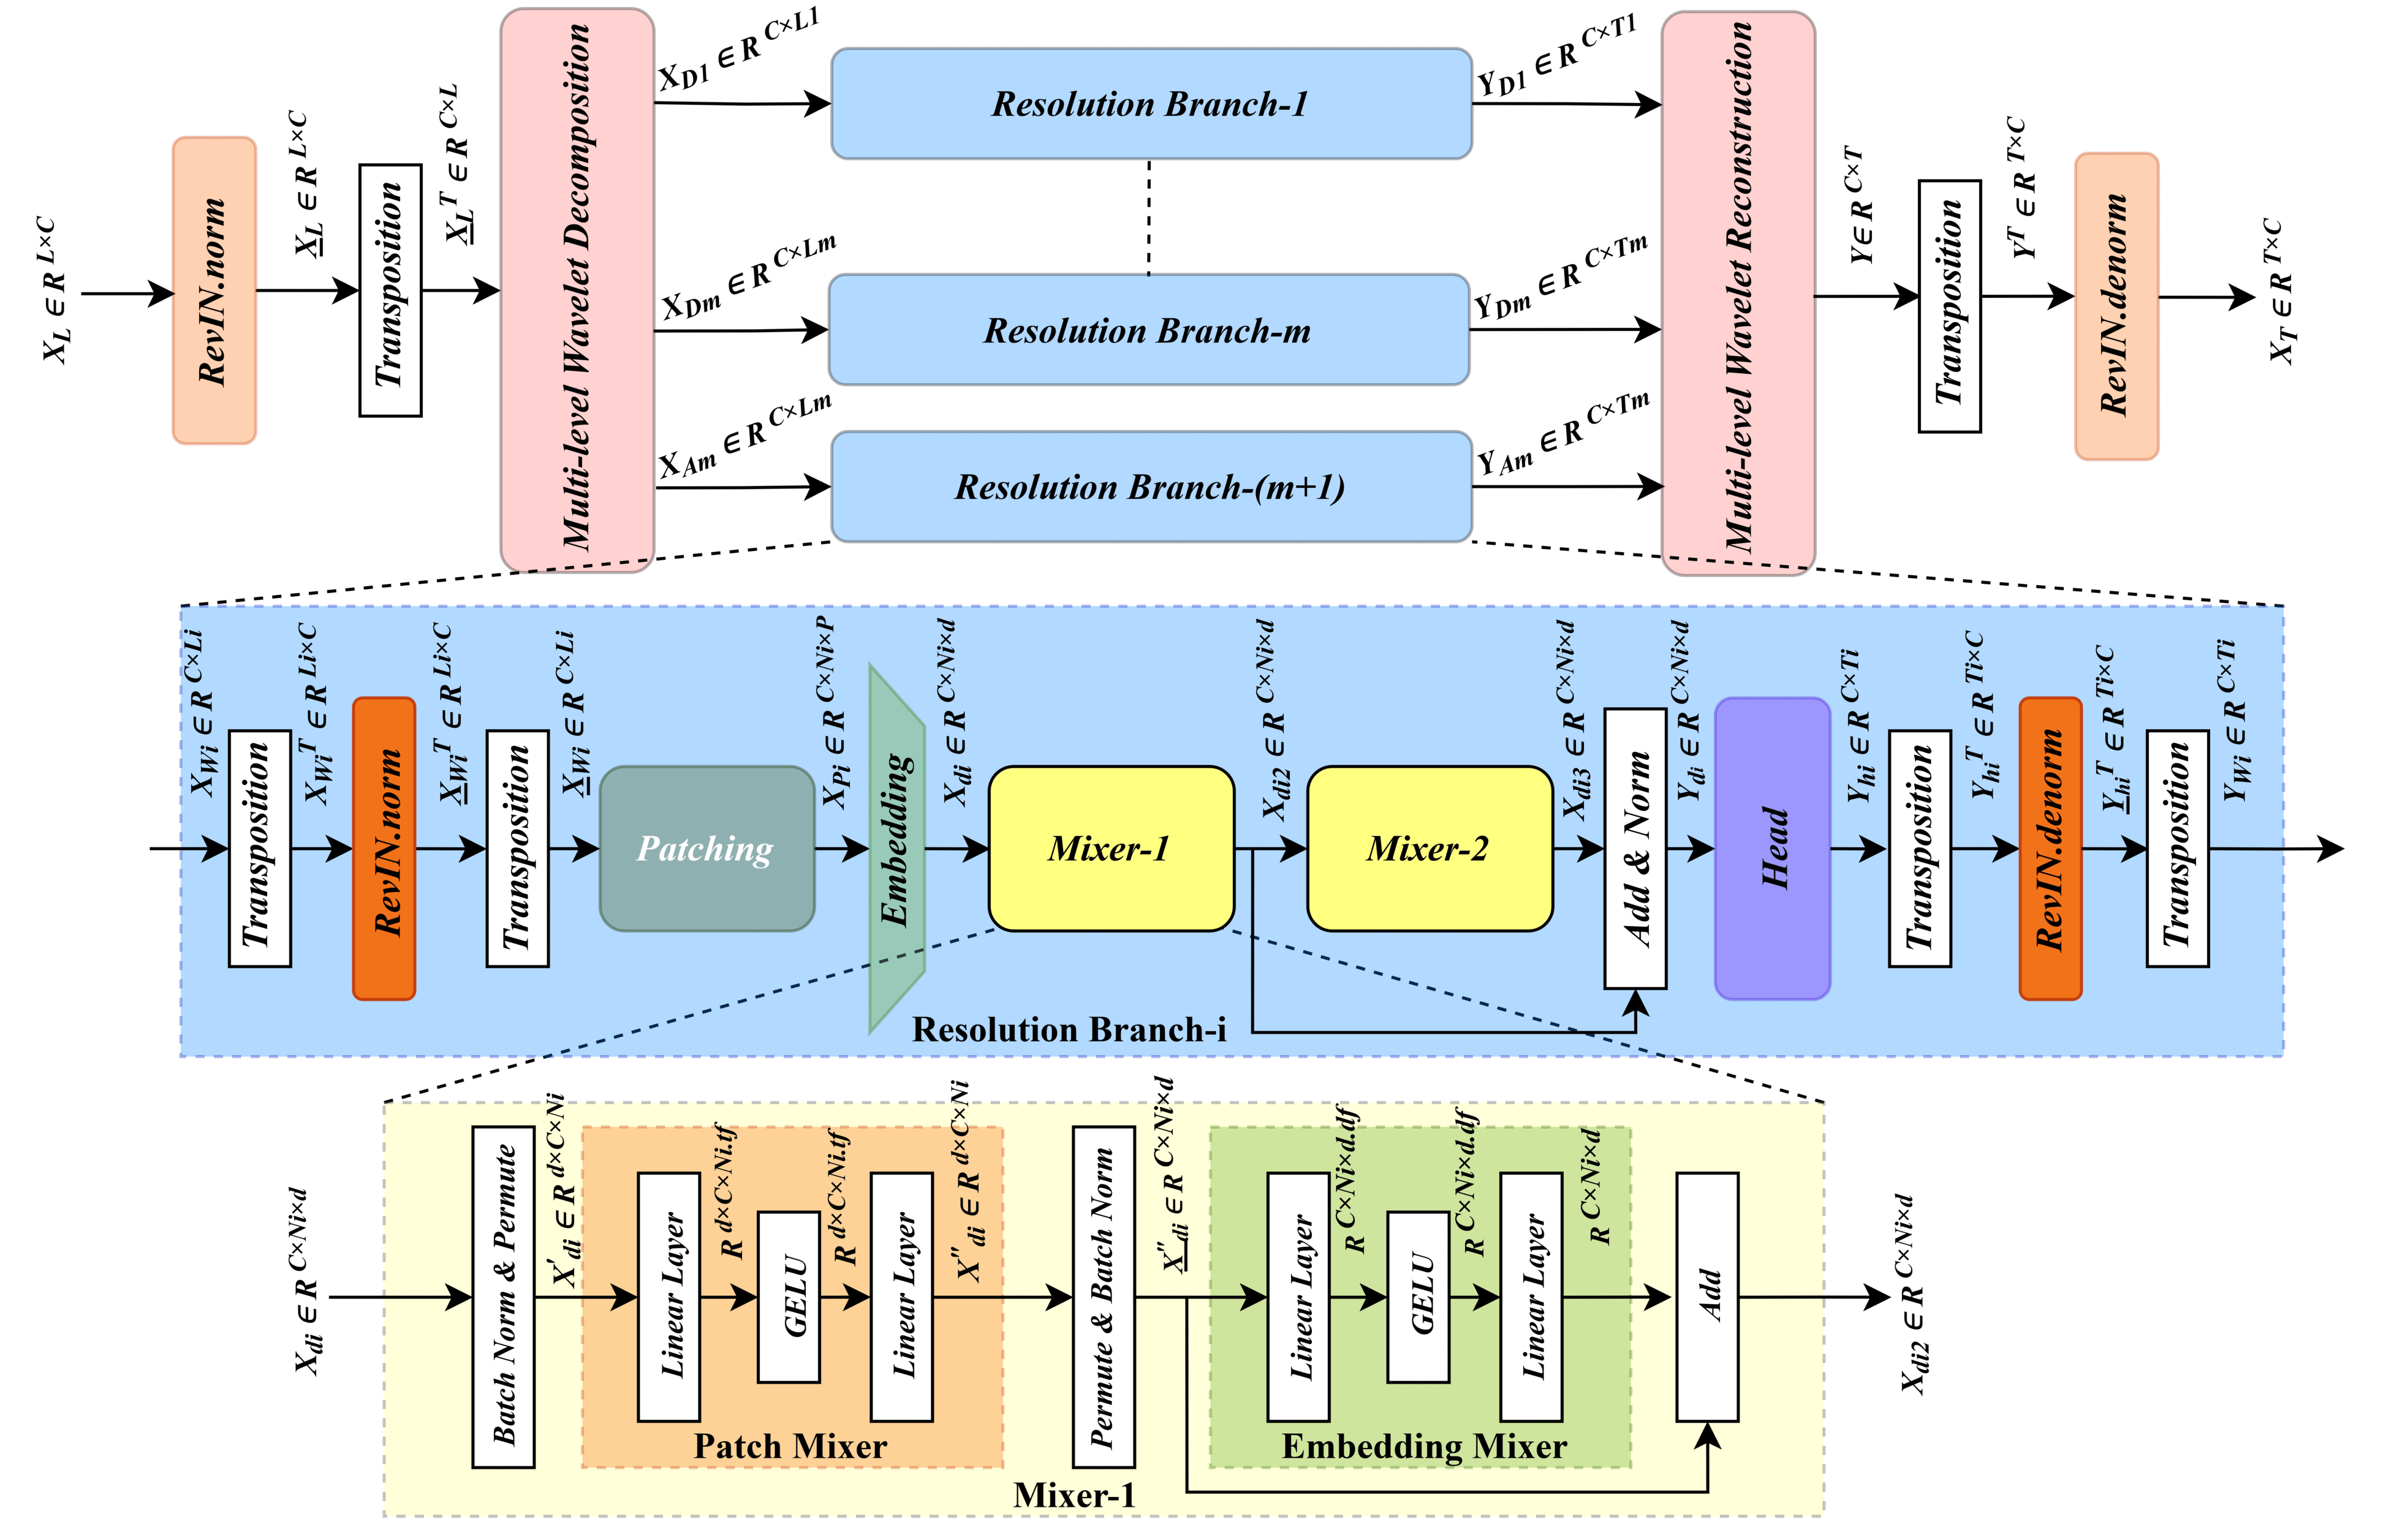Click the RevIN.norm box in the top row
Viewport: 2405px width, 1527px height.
[214, 290]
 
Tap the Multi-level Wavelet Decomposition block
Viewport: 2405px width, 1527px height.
[577, 290]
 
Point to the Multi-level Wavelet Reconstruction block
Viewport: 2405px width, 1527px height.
[1738, 294]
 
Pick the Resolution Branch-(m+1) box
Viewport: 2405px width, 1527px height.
[1151, 487]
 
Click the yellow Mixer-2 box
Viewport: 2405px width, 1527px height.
[1430, 849]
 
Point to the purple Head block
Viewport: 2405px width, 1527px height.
[1773, 848]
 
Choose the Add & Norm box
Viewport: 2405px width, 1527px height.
[1635, 848]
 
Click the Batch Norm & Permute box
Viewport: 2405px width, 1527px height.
[504, 1297]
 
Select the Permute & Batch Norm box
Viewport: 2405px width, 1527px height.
[1104, 1297]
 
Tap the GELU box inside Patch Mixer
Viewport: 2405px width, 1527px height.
[789, 1297]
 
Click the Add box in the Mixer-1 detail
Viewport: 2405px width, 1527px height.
[1707, 1297]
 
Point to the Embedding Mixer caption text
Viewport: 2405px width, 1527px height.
[1424, 1445]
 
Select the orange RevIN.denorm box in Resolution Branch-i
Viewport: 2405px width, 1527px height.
[2050, 848]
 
